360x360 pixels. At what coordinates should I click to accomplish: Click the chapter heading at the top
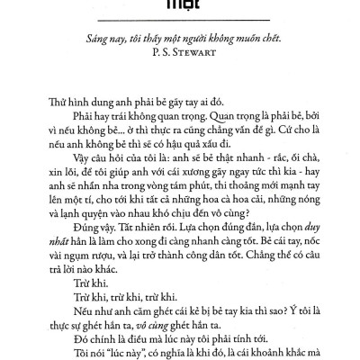point(180,5)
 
